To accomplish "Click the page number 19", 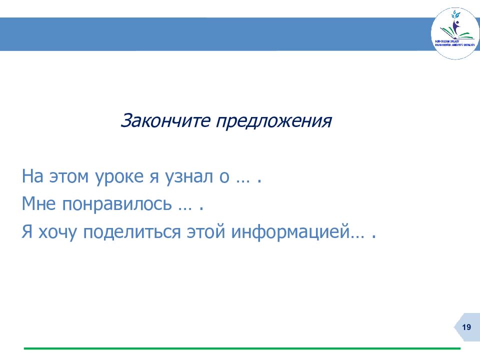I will point(467,327).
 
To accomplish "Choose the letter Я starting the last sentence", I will point(27,232).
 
